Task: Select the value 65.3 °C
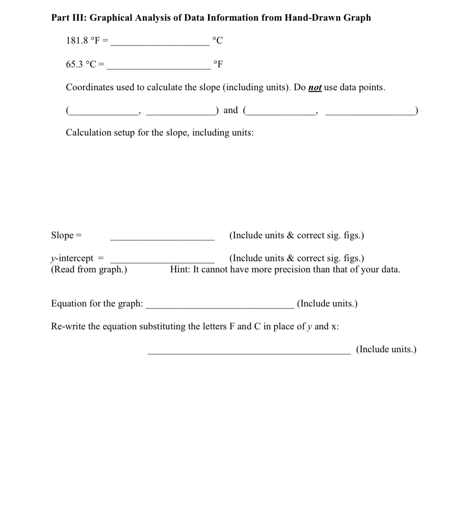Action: point(81,64)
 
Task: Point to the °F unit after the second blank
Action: point(218,64)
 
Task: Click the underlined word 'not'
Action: point(315,87)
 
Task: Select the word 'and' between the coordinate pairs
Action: point(231,110)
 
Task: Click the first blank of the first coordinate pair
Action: point(104,114)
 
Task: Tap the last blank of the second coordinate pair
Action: point(370,114)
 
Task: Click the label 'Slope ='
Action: point(67,236)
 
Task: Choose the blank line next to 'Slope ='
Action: point(162,239)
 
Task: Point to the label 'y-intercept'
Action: point(72,258)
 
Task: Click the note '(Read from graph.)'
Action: point(89,270)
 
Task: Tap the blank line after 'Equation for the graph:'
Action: point(220,307)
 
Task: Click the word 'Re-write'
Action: point(68,327)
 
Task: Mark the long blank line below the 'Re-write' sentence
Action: point(249,354)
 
